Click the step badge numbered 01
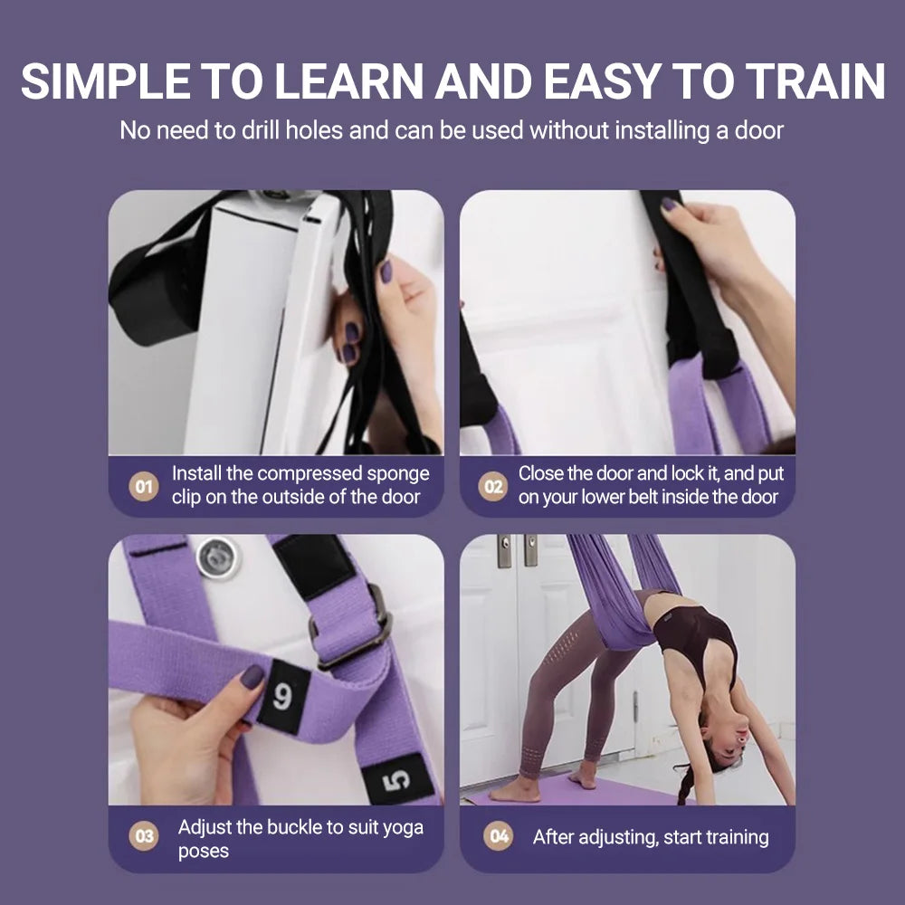(143, 487)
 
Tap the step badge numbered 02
(492, 487)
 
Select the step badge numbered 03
(143, 837)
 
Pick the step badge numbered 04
(499, 837)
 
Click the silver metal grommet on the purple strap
(218, 557)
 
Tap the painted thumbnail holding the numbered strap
(252, 676)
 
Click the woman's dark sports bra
(695, 633)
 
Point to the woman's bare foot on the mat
(517, 789)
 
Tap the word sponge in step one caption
(397, 474)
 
